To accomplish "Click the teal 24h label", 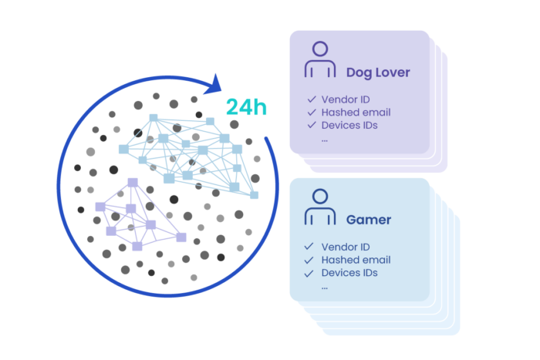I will pyautogui.click(x=246, y=106).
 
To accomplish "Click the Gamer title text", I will pyautogui.click(x=368, y=220).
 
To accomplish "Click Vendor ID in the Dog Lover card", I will pyautogui.click(x=346, y=99).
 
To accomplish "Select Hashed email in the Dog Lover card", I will pyautogui.click(x=356, y=112).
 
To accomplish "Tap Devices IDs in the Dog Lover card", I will pyautogui.click(x=349, y=125).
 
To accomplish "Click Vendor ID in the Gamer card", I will pyautogui.click(x=346, y=247).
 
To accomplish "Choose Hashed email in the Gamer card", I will pyautogui.click(x=356, y=260).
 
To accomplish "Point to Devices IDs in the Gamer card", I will pyautogui.click(x=349, y=272).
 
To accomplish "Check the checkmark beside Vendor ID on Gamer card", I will pyautogui.click(x=309, y=247).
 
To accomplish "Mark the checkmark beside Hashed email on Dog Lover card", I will pyautogui.click(x=311, y=113).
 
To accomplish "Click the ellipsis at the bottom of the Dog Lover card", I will pyautogui.click(x=325, y=140).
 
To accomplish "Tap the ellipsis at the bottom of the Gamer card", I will pyautogui.click(x=325, y=287).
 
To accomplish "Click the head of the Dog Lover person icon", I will pyautogui.click(x=319, y=51).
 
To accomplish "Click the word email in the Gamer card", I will pyautogui.click(x=376, y=260).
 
